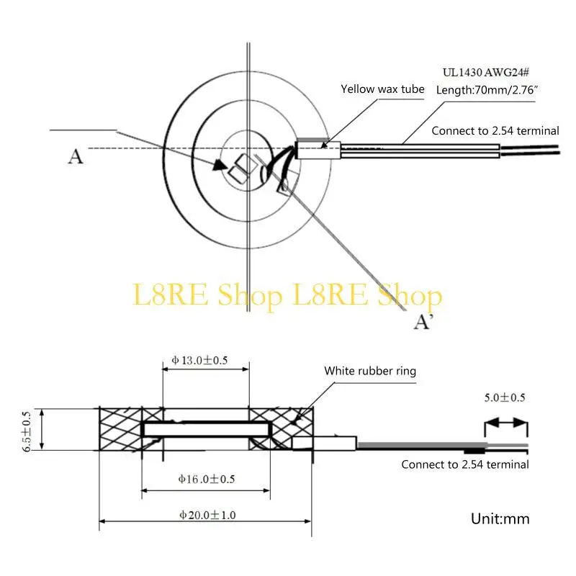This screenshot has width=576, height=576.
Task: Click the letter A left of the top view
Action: point(75,156)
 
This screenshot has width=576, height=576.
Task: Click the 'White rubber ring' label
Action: point(370,371)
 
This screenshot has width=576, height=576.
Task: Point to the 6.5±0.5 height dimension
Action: point(27,431)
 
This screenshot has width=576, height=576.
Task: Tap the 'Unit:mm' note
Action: point(500,518)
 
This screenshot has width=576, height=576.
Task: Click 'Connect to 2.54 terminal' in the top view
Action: point(495,130)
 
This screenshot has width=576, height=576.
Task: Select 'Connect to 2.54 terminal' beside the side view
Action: point(465,464)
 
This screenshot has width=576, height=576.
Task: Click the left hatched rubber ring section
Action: point(120,429)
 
